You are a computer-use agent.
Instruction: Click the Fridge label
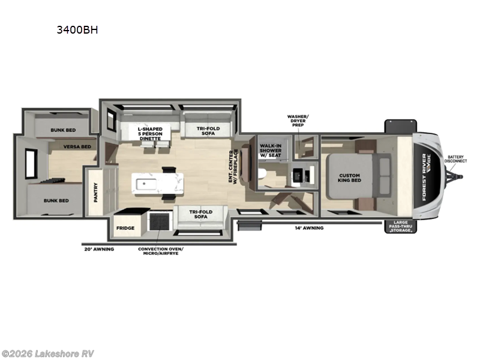tap(125, 229)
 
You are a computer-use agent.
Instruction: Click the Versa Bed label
tap(78, 146)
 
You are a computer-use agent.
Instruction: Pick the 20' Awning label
tap(98, 248)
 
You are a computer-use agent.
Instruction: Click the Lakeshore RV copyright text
tap(48, 353)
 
